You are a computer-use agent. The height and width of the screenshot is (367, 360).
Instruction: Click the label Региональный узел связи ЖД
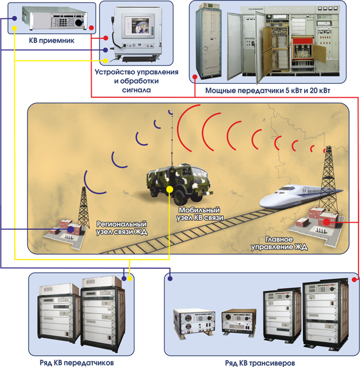pyautogui.click(x=121, y=228)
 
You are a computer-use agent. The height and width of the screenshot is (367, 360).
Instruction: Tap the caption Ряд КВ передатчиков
pyautogui.click(x=77, y=362)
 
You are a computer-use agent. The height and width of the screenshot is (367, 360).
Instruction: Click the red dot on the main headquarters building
pyautogui.click(x=326, y=222)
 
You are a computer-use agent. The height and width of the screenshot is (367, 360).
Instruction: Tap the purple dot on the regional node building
pyautogui.click(x=70, y=230)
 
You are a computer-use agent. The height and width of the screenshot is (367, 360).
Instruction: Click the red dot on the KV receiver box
pyautogui.click(x=91, y=28)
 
